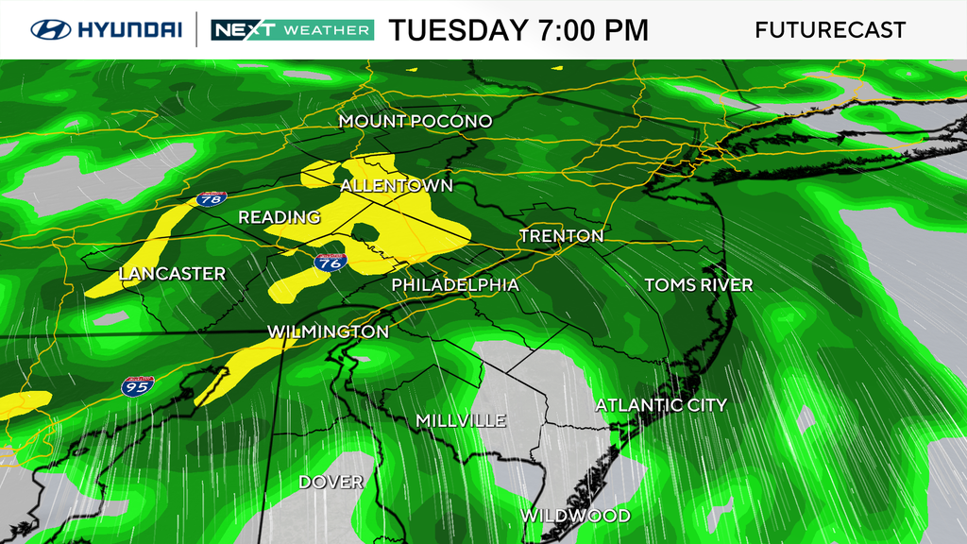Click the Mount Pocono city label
416,122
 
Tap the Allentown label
396,186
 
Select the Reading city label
279,218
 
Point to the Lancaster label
172,275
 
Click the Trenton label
561,236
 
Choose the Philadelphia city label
455,285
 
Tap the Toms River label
698,285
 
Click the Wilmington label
328,332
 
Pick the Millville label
461,421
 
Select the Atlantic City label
661,405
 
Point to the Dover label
331,483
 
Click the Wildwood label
575,516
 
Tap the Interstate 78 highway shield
212,198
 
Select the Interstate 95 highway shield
134,385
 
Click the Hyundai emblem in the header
51,29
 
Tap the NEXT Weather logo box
292,29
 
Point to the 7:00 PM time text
592,30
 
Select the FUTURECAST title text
830,30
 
